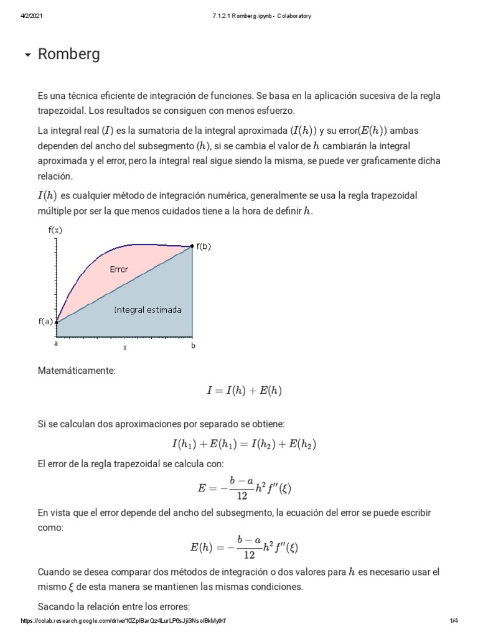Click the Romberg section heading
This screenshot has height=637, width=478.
pos(68,55)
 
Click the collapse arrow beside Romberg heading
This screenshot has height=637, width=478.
pos(27,55)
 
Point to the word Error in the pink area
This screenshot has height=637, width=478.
pos(119,269)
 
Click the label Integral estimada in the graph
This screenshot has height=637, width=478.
pos(148,309)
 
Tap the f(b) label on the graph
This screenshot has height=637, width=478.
pos(204,246)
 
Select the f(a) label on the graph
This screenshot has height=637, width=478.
pos(45,322)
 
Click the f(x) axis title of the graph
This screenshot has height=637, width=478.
pos(55,230)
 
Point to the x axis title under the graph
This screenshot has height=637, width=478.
pos(124,348)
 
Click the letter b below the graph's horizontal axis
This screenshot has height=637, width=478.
pos(193,345)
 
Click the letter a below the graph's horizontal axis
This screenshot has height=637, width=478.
pos(56,343)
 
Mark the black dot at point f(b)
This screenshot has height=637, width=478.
pos(192,246)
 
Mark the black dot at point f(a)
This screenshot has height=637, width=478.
pos(57,322)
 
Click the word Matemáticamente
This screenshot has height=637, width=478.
pos(77,371)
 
